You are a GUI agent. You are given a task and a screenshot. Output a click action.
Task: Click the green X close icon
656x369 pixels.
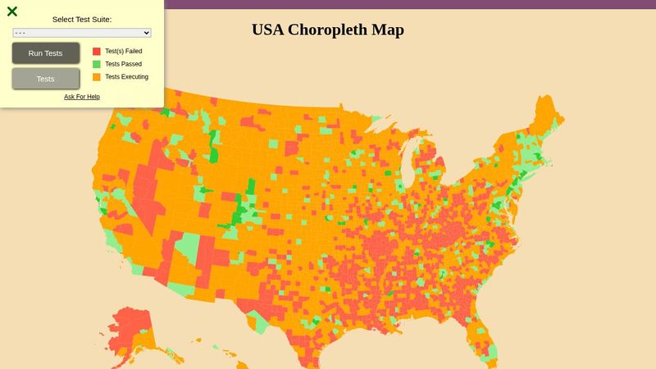pyautogui.click(x=12, y=11)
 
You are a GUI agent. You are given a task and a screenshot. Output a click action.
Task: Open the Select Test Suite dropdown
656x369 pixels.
pyautogui.click(x=82, y=33)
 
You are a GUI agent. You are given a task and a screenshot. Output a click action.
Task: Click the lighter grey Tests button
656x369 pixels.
pyautogui.click(x=46, y=79)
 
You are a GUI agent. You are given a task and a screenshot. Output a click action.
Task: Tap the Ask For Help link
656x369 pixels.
pyautogui.click(x=82, y=97)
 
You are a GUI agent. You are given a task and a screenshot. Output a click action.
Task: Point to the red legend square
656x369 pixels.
pyautogui.click(x=97, y=51)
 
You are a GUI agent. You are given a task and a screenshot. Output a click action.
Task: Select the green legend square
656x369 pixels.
pyautogui.click(x=97, y=64)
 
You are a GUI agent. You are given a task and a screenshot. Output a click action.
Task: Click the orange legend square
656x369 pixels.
pyautogui.click(x=97, y=77)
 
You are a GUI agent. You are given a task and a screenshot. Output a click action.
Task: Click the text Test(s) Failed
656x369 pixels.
pyautogui.click(x=124, y=51)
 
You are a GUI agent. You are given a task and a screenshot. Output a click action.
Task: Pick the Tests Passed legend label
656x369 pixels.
pyautogui.click(x=124, y=64)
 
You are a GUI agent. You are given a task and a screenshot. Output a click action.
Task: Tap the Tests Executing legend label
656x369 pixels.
pyautogui.click(x=127, y=77)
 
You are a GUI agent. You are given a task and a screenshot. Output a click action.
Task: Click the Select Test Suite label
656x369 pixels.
pyautogui.click(x=82, y=19)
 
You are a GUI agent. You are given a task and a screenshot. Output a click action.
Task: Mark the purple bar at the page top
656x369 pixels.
pyautogui.click(x=410, y=4)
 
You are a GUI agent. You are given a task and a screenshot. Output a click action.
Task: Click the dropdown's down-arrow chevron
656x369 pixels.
pyautogui.click(x=147, y=33)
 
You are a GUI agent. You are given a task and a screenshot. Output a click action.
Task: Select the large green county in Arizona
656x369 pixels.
pyautogui.click(x=188, y=248)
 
